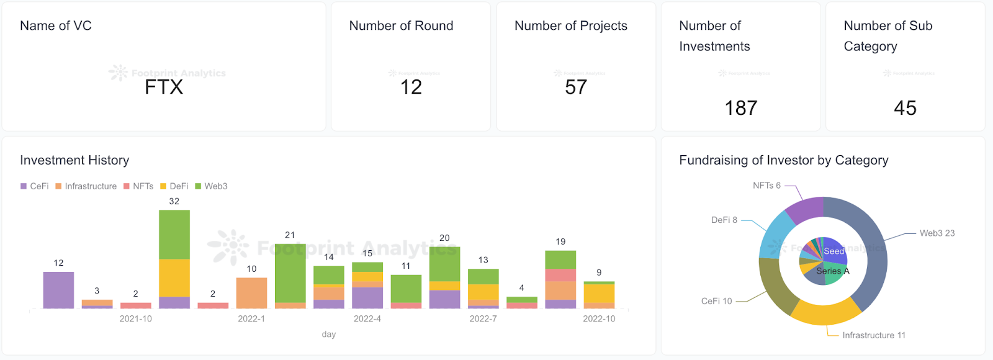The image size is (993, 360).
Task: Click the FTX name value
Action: tap(164, 88)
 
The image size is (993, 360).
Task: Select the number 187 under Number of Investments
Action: tap(740, 108)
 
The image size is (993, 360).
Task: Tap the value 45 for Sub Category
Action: tap(905, 108)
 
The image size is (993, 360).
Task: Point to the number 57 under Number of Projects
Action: tap(575, 88)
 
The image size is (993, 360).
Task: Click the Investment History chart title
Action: tap(74, 160)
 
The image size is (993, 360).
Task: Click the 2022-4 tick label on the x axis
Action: tap(367, 319)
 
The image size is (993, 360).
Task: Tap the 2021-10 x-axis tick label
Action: tap(135, 319)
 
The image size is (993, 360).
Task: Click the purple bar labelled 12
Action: tap(58, 290)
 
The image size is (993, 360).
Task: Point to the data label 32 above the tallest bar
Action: tap(174, 202)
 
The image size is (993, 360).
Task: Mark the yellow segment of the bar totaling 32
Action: tap(174, 277)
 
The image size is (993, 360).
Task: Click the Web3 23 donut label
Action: tap(937, 233)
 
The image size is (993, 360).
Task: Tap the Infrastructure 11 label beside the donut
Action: tap(873, 335)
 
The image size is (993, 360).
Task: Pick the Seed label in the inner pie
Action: tap(833, 251)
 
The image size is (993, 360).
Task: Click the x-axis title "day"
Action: tap(328, 335)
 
